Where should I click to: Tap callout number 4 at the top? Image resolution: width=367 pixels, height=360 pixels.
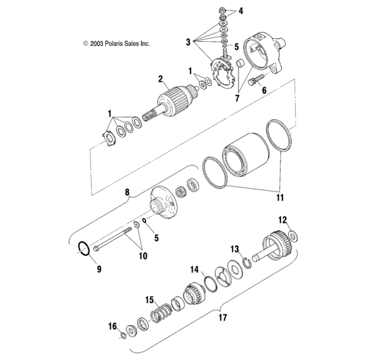pos(241,11)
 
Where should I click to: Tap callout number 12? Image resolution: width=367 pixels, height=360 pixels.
pos(283,220)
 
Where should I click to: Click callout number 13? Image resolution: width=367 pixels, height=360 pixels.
pos(235,250)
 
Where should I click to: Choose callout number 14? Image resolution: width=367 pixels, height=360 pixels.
pos(195,269)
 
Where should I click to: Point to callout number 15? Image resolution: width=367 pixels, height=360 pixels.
pos(149,298)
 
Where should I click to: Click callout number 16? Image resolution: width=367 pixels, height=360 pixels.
pos(113,326)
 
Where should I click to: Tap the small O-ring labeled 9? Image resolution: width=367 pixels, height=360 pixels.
pos(83,249)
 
